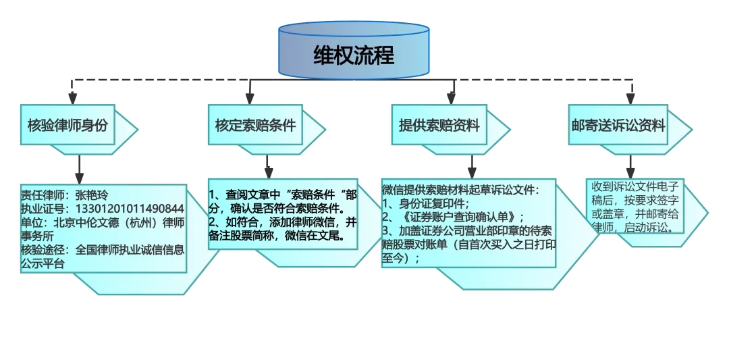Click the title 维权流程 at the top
[x=354, y=55]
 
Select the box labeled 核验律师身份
[x=67, y=126]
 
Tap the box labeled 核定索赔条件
[x=255, y=126]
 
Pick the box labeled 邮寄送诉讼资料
[x=618, y=126]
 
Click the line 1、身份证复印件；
[x=425, y=203]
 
